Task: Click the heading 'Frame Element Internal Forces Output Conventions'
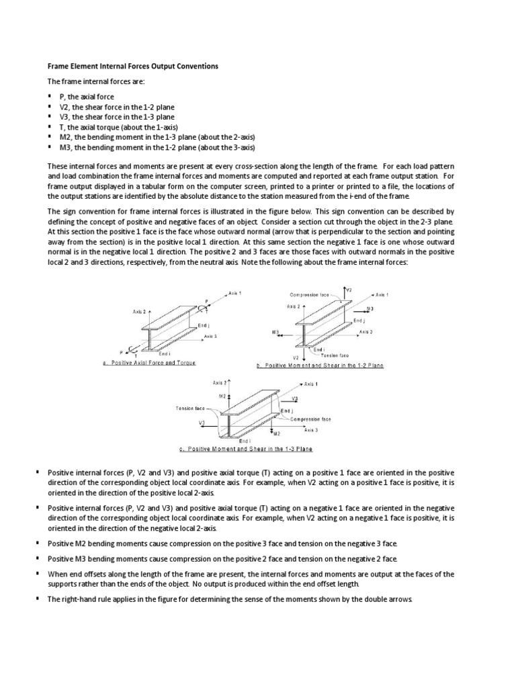coord(132,67)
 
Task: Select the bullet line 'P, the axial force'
coord(87,97)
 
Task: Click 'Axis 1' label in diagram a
coord(234,294)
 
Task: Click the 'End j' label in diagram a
coord(206,325)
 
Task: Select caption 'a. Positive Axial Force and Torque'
coord(149,362)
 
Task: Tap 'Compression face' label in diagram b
coord(309,294)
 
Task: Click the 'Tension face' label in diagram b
coord(335,355)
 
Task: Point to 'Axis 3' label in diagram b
coord(366,332)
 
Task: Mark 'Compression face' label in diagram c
coord(310,419)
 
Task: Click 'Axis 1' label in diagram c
coord(310,384)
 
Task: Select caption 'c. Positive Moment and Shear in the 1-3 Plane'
coord(246,449)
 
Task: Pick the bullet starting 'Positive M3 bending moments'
coord(222,559)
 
